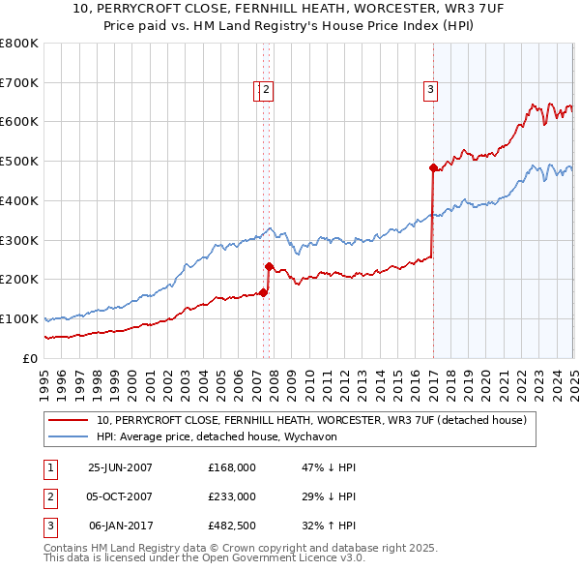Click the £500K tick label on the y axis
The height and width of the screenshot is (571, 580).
coord(19,161)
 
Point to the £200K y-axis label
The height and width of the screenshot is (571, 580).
coord(19,279)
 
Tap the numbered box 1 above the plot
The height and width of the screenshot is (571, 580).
coord(258,91)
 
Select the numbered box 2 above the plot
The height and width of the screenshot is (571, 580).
coord(267,91)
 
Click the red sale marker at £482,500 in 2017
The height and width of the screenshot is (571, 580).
coord(433,167)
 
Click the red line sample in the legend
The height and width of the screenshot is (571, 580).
coord(69,421)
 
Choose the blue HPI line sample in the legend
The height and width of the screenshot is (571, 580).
coord(69,436)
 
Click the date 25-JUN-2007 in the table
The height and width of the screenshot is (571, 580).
coord(120,467)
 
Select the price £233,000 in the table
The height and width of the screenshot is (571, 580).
coord(232,496)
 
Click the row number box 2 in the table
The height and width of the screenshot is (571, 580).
coord(48,496)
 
